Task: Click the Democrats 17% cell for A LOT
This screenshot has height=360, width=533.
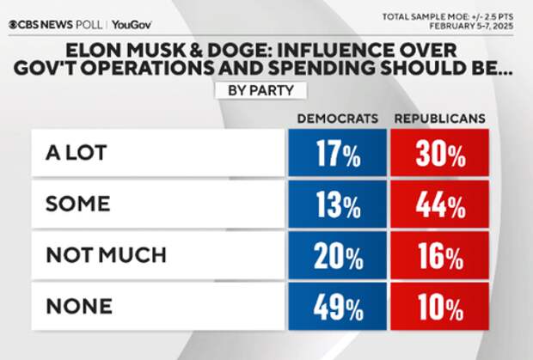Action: coord(336,155)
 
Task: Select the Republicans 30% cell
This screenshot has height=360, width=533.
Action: coord(440,155)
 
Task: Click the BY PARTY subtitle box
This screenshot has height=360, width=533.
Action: coord(266,88)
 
